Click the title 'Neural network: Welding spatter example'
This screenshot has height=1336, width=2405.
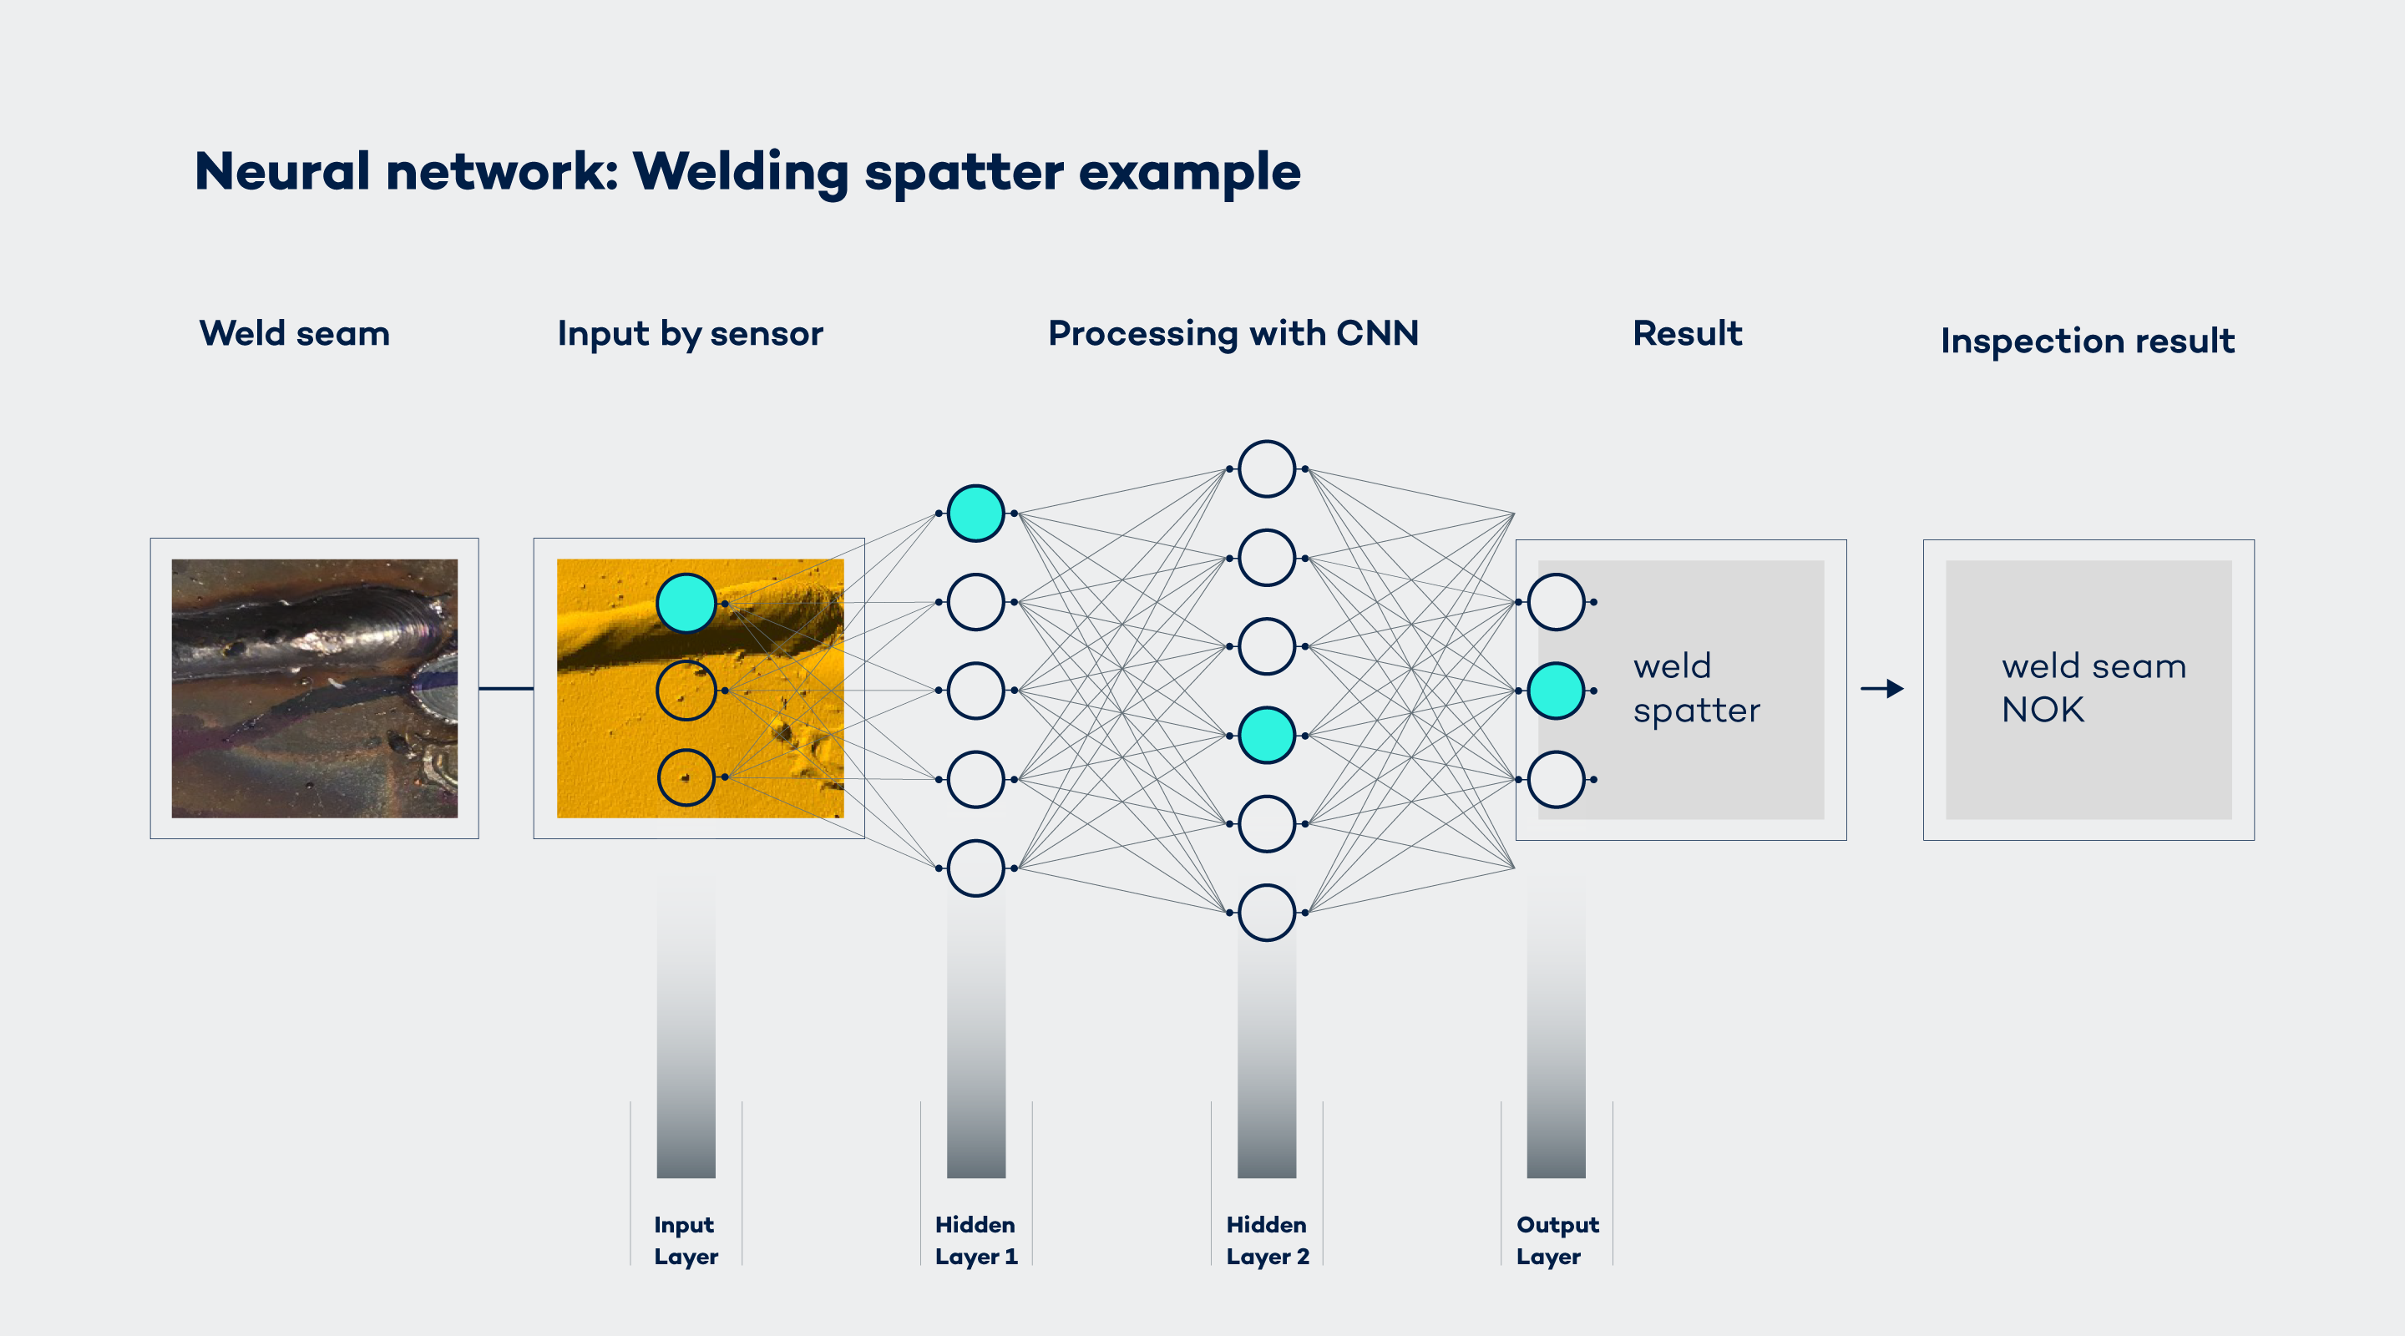tap(747, 172)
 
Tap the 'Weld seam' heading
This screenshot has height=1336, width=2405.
tap(294, 333)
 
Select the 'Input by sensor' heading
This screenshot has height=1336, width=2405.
tap(690, 333)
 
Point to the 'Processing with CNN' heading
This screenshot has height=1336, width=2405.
tap(1233, 333)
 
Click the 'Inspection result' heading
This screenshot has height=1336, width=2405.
tap(2088, 341)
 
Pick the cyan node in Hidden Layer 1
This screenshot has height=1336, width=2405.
tap(975, 514)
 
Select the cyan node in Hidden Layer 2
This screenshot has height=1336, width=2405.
tap(1267, 736)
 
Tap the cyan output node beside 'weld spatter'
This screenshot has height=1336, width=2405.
tap(1557, 691)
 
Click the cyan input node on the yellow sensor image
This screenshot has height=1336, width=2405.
tap(686, 603)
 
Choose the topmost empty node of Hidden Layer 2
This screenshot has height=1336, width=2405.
tap(1267, 468)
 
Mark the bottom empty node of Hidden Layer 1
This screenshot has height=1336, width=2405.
tap(975, 868)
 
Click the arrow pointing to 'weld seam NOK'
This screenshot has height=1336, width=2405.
tap(1882, 689)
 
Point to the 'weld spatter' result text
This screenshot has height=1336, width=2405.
tap(1696, 688)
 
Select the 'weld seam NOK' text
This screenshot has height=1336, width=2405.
tap(2094, 688)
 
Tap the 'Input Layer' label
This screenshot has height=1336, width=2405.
tap(686, 1240)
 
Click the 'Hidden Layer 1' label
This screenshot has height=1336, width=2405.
tap(975, 1240)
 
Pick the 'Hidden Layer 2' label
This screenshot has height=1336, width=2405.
tap(1267, 1240)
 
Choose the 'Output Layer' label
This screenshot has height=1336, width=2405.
tap(1557, 1240)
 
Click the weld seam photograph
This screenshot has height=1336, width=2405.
tap(315, 688)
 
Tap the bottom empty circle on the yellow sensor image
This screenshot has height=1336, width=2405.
tap(686, 777)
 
